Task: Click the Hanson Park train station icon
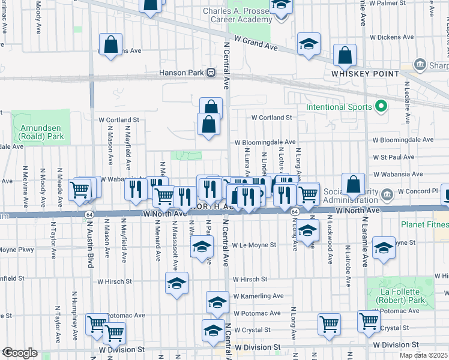pos(211,73)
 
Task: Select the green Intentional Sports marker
pos(380,107)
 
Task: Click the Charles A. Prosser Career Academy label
pos(237,16)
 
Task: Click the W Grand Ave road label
pos(256,43)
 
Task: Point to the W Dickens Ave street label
pos(393,37)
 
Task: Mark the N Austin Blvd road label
pos(92,247)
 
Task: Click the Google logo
pos(19,353)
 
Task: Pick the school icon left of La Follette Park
pos(384,247)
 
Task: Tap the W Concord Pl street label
pos(415,191)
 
